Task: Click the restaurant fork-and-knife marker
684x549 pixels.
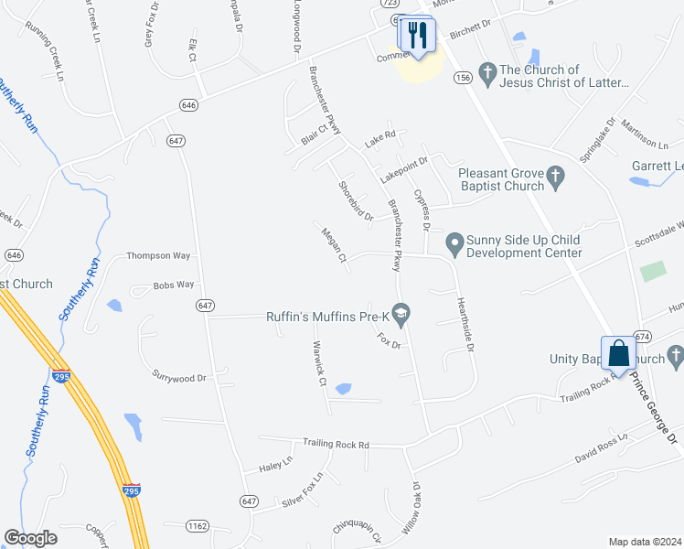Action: click(x=419, y=36)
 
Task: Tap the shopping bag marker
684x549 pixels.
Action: click(x=618, y=352)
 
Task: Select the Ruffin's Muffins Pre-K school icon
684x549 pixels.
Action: click(x=401, y=317)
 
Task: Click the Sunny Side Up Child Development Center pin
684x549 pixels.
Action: click(x=453, y=243)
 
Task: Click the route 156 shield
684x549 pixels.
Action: click(x=462, y=80)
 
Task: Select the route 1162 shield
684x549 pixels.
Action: click(x=198, y=526)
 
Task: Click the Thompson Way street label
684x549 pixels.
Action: click(x=157, y=256)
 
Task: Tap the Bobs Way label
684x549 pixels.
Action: click(x=174, y=285)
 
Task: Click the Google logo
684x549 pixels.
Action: click(x=31, y=538)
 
